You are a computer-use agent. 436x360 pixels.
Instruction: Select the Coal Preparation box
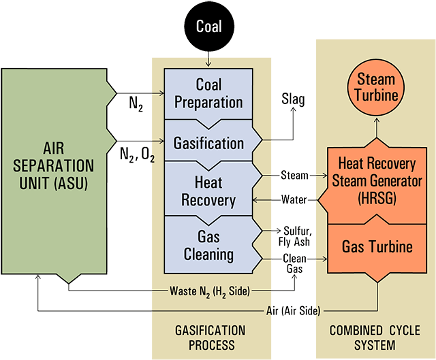209,93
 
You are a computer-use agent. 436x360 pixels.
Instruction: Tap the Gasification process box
209,144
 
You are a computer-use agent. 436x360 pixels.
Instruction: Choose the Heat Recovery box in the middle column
209,192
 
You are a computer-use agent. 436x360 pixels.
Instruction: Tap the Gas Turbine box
376,246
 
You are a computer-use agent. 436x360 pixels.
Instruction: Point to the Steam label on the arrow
294,175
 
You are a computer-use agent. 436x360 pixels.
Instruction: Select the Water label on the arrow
294,199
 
